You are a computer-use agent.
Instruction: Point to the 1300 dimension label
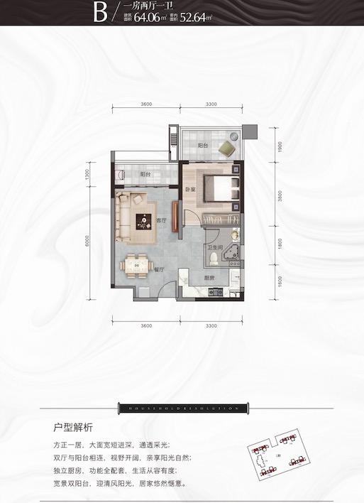[87, 174]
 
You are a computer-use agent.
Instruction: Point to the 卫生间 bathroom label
[214, 249]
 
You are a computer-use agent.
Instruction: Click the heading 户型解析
[73, 428]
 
